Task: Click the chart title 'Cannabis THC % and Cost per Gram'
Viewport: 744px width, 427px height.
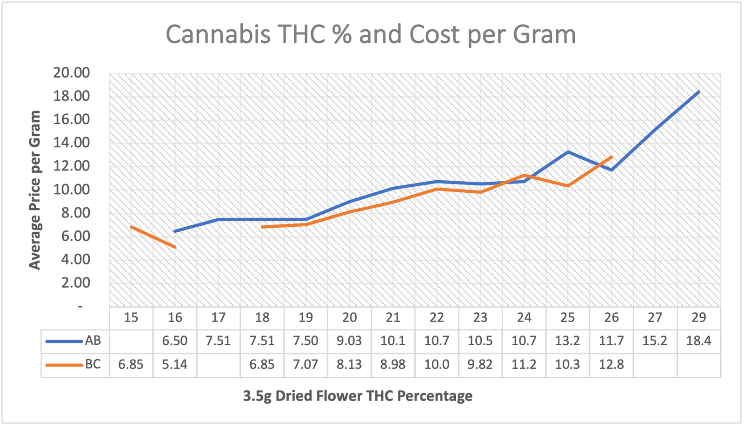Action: click(x=371, y=34)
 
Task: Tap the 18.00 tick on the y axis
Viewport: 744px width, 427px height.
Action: click(x=72, y=96)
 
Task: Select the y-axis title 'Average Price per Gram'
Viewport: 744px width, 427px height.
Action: click(x=35, y=190)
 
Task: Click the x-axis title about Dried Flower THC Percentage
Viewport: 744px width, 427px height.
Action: click(x=358, y=396)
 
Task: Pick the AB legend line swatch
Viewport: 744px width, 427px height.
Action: click(x=64, y=341)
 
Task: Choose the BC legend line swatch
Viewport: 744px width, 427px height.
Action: click(x=64, y=365)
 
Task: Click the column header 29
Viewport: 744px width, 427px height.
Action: click(x=698, y=317)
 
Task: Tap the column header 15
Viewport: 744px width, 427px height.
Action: click(x=131, y=317)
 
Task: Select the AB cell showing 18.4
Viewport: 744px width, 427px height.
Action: click(x=698, y=341)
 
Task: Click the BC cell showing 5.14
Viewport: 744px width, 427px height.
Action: click(x=175, y=365)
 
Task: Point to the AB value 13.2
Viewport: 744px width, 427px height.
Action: click(x=567, y=341)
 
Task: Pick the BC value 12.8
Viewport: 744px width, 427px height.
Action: click(x=611, y=365)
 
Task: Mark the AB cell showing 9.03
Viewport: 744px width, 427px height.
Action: click(x=349, y=341)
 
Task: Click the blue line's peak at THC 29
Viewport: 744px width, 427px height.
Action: click(x=698, y=92)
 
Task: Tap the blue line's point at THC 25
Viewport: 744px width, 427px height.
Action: click(x=567, y=152)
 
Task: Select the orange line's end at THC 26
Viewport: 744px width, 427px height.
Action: click(x=611, y=157)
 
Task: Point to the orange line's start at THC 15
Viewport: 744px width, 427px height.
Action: click(x=131, y=227)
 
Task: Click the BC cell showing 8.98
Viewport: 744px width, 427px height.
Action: click(x=393, y=365)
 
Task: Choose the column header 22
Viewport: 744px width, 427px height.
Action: click(x=437, y=317)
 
